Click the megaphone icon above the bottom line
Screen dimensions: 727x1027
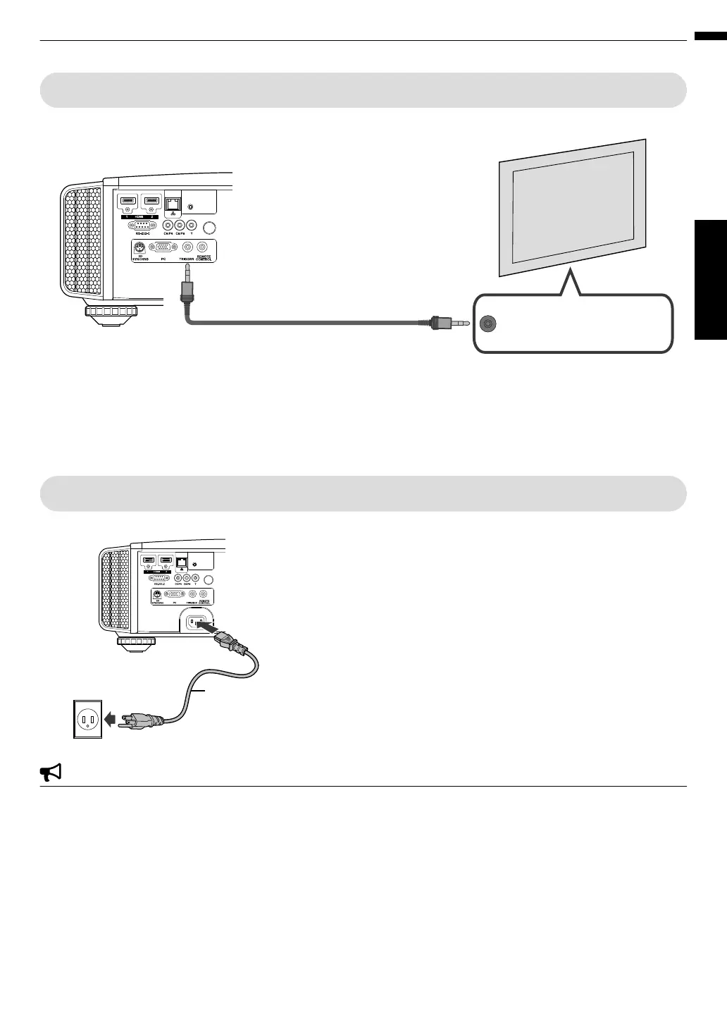(51, 773)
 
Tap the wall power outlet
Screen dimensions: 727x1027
(88, 719)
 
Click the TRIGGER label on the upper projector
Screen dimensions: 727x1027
(187, 259)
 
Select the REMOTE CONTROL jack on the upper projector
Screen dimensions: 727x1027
(204, 247)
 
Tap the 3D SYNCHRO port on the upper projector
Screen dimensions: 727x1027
(139, 247)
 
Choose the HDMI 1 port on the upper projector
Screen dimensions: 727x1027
(128, 202)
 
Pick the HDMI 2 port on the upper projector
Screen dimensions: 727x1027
(151, 202)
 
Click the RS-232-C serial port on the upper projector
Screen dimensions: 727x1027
(142, 226)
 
